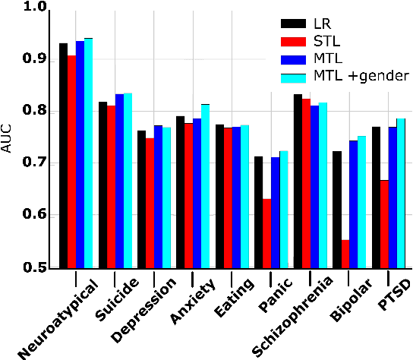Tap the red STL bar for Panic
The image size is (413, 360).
pyautogui.click(x=267, y=233)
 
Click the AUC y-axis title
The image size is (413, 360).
pyautogui.click(x=8, y=137)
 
